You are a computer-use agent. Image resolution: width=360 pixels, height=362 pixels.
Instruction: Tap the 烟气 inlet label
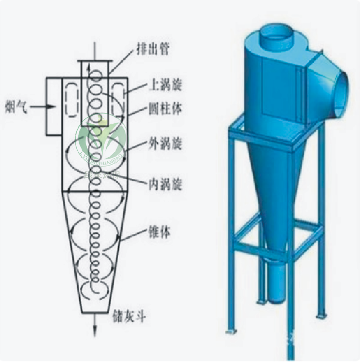(x=14, y=105)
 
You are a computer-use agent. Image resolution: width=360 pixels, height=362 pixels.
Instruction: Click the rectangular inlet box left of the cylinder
(x=53, y=106)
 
